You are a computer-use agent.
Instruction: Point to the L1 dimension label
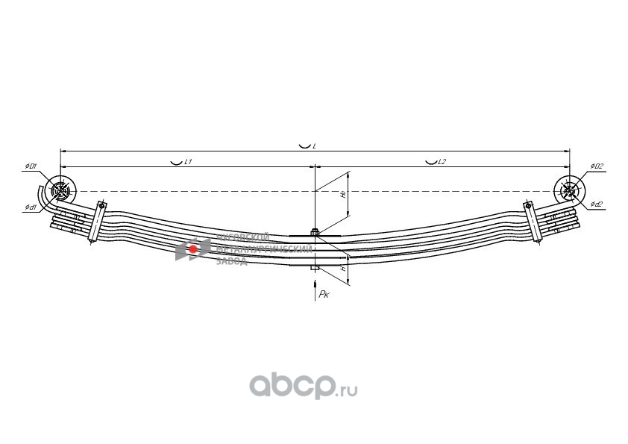click(x=189, y=161)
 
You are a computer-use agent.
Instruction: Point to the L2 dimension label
click(x=442, y=161)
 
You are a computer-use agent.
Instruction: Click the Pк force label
click(x=324, y=296)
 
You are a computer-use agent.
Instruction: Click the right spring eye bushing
click(x=570, y=191)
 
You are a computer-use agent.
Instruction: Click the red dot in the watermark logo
click(x=192, y=248)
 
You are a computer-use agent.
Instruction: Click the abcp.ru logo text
click(x=303, y=386)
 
